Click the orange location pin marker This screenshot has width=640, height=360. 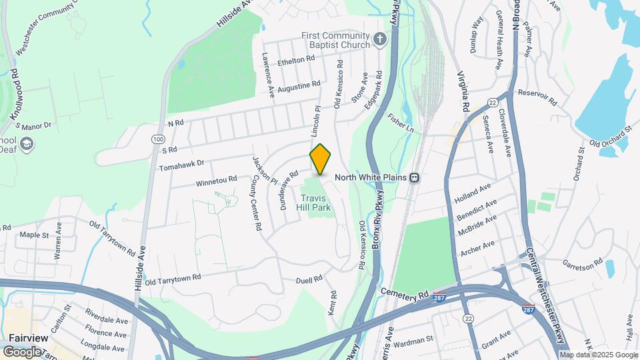[320, 159]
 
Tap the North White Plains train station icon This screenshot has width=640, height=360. [415, 177]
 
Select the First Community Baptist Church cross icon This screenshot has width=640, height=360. [380, 39]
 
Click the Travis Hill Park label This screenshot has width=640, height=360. [316, 203]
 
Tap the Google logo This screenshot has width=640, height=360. [22, 351]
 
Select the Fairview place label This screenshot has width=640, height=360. [28, 338]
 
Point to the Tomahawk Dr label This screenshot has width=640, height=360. [181, 162]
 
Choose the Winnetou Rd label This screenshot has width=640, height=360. [217, 179]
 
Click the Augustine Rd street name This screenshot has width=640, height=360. [299, 86]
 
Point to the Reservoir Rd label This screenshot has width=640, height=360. [537, 97]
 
